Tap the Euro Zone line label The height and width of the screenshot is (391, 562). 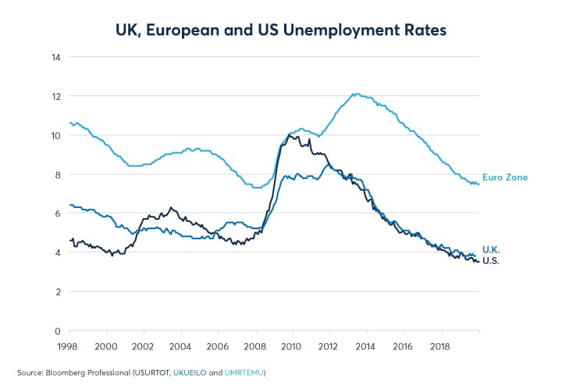point(505,178)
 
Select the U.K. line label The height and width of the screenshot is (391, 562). point(491,249)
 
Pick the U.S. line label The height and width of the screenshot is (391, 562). point(491,260)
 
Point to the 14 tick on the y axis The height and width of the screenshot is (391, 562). point(55,57)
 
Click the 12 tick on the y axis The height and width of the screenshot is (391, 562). point(55,96)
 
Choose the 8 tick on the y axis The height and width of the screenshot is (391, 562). point(57,174)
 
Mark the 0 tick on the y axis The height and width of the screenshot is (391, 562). point(57,331)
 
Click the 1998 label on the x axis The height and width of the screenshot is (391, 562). point(69,345)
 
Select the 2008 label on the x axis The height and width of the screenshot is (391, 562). point(254,345)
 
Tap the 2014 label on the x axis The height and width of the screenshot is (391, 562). point(366,345)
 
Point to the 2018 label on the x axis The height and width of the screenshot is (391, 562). point(440,345)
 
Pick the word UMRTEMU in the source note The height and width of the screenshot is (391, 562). point(245,371)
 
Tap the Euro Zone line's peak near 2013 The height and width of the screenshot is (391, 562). point(355,94)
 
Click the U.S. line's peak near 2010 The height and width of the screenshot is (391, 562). point(290,135)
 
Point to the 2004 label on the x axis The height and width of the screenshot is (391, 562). point(180,345)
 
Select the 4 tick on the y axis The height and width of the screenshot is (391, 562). point(57,253)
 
